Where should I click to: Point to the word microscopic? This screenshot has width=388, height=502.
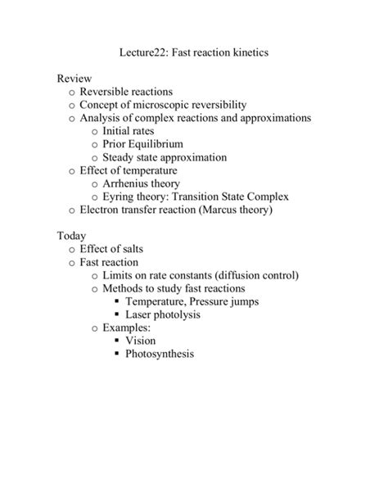(183, 105)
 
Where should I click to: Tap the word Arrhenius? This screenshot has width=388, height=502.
(129, 183)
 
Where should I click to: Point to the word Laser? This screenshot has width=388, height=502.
(141, 314)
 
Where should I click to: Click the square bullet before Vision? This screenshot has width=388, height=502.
(117, 341)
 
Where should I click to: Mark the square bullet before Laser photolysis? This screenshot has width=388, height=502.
(117, 314)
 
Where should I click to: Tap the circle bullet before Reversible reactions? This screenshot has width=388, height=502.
(72, 93)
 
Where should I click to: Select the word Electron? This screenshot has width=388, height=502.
(103, 210)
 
